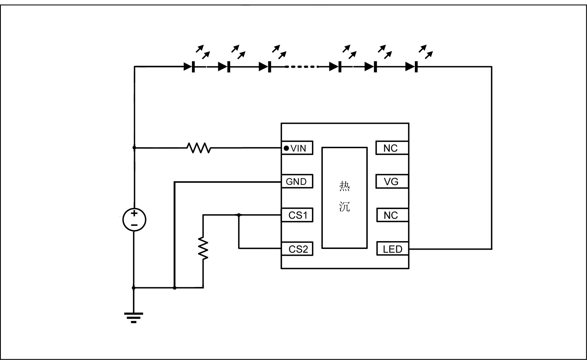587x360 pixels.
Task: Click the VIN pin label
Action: click(x=298, y=148)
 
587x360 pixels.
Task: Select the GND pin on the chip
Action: click(x=296, y=182)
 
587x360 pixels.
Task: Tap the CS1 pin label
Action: click(x=298, y=215)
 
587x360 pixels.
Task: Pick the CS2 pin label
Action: click(x=298, y=249)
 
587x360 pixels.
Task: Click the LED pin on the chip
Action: click(x=392, y=249)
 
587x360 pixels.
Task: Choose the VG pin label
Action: click(x=391, y=182)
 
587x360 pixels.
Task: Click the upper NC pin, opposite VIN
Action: click(x=391, y=148)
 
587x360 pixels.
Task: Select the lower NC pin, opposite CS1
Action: click(x=391, y=215)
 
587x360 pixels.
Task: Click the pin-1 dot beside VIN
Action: click(x=286, y=148)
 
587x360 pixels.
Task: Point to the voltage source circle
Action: click(x=134, y=220)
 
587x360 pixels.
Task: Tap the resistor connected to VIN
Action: click(x=199, y=148)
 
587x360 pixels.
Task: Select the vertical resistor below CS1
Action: click(x=203, y=248)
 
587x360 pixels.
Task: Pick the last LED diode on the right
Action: click(x=412, y=67)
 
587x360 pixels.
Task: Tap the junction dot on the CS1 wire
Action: click(x=239, y=215)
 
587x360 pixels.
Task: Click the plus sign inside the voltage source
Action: click(x=134, y=213)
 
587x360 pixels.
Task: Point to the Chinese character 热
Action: click(x=345, y=186)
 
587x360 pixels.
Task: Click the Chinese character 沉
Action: click(x=345, y=207)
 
